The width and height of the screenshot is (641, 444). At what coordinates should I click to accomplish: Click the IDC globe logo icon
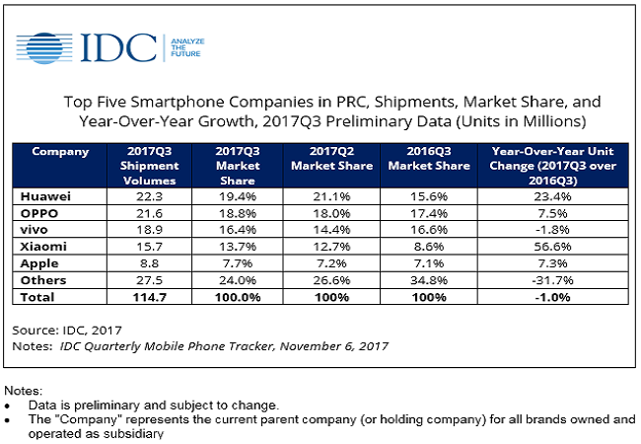[x=45, y=45]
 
